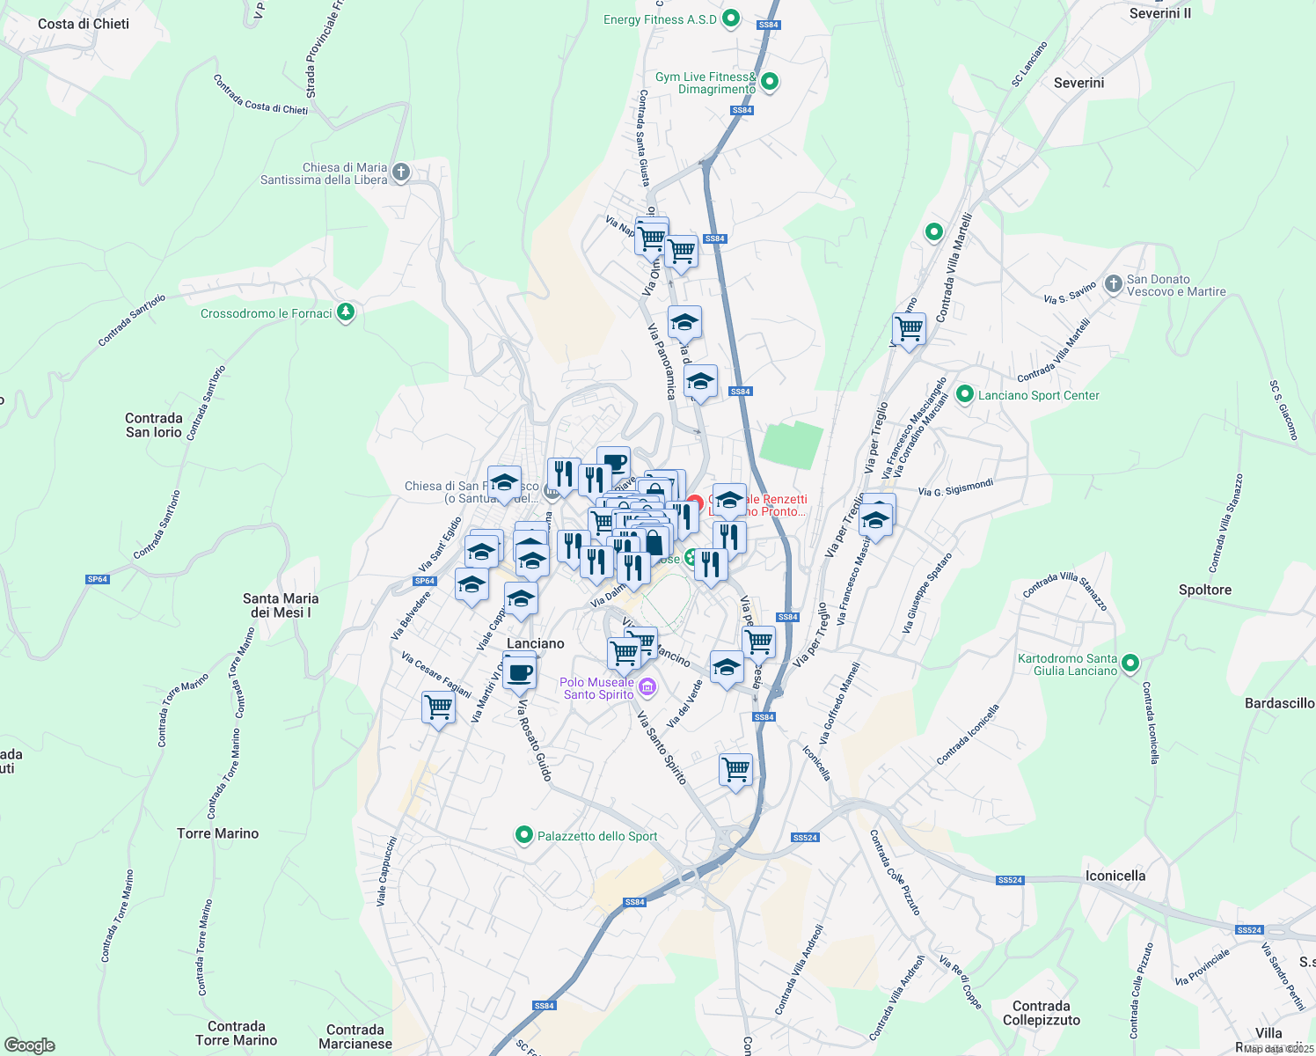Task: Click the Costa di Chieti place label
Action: [x=84, y=24]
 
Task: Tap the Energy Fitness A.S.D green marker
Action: [x=730, y=18]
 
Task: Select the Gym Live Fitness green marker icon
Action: [x=770, y=83]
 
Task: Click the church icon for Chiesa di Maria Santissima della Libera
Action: [x=401, y=172]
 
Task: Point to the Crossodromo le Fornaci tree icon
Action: [x=346, y=312]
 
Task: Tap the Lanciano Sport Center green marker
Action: [x=965, y=395]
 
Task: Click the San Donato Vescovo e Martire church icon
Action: [x=1115, y=285]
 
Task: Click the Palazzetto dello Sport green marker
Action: [x=524, y=835]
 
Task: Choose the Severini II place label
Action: [x=1159, y=13]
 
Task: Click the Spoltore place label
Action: [x=1204, y=590]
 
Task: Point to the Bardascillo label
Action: [x=1279, y=703]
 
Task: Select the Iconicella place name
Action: [x=1115, y=876]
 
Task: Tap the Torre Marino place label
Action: [x=217, y=833]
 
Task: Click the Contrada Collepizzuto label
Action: [x=1041, y=1013]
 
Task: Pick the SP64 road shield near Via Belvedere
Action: [x=425, y=581]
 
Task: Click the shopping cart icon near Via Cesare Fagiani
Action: [x=438, y=707]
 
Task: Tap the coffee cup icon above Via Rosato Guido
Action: [x=520, y=672]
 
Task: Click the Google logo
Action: [x=30, y=1045]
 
